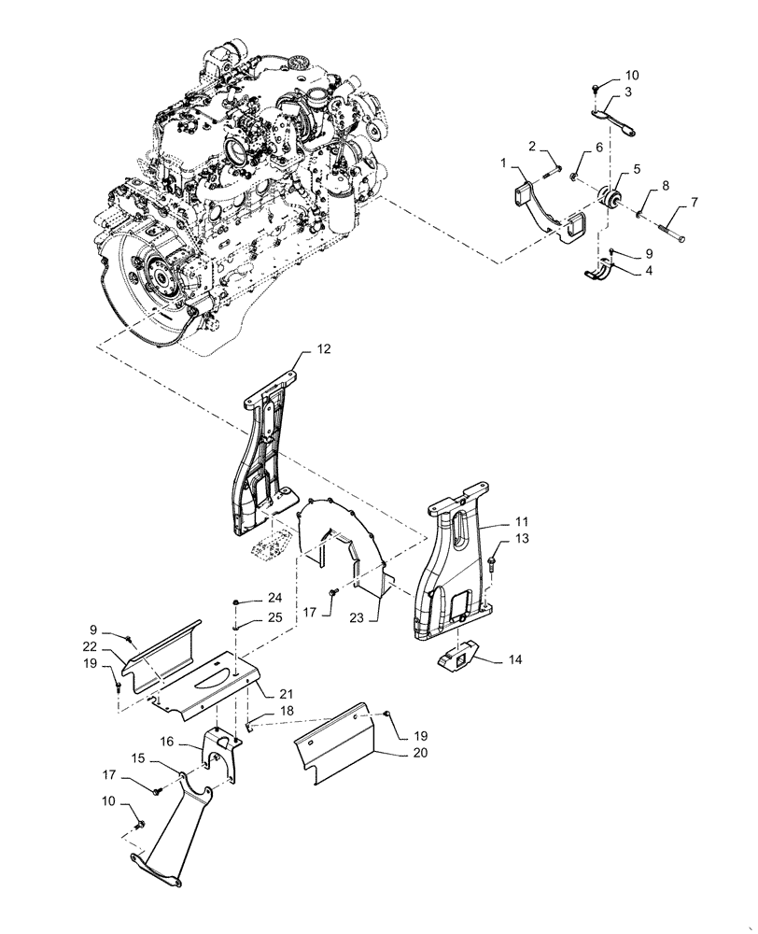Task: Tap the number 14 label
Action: coord(516,658)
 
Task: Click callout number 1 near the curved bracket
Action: coord(505,163)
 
